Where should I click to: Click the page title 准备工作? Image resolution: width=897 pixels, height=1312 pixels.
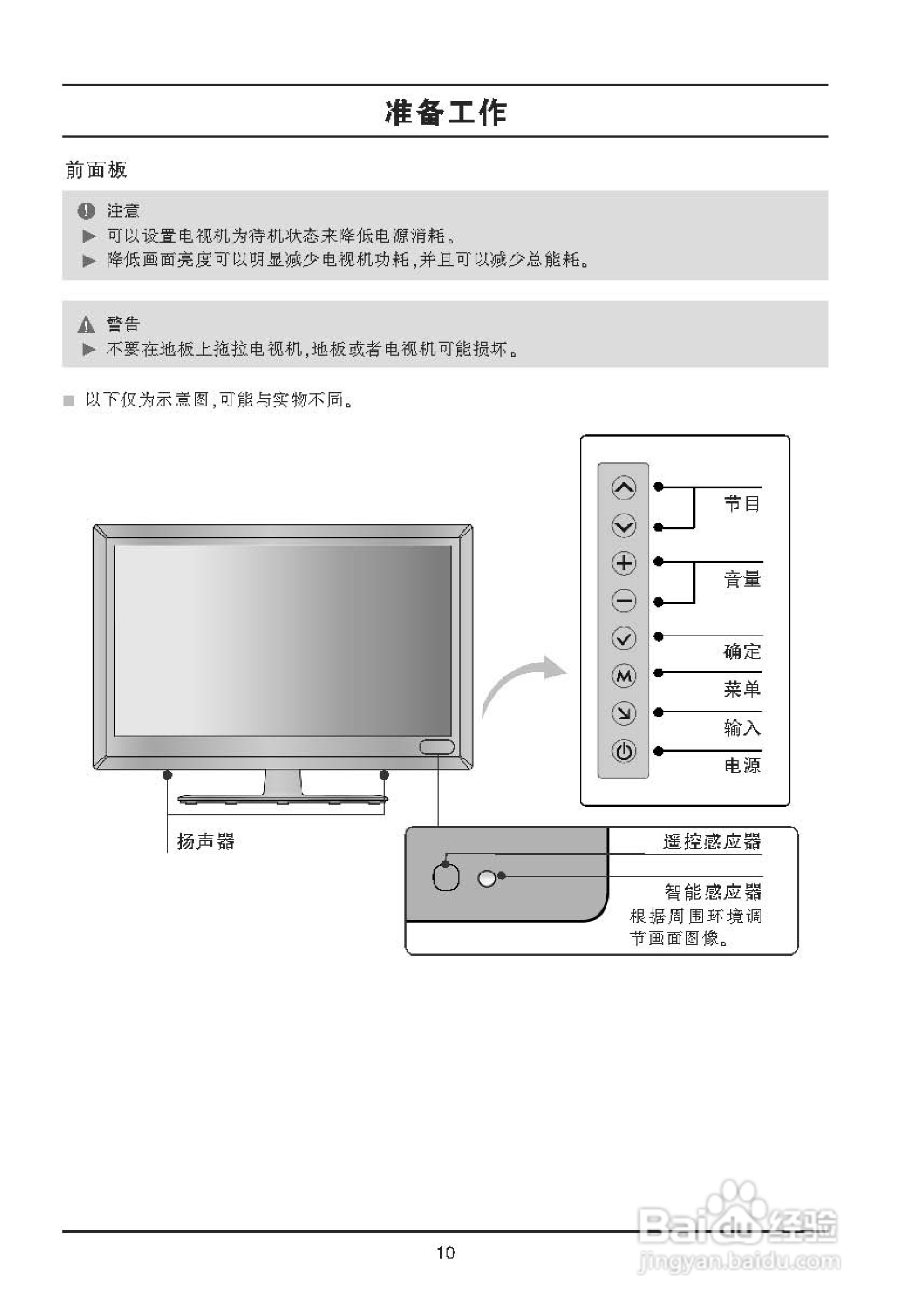(445, 112)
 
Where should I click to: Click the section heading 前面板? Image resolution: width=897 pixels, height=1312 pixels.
(96, 170)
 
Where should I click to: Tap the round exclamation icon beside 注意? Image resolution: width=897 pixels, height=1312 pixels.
(86, 211)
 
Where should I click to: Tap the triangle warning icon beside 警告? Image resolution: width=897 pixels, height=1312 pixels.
(86, 325)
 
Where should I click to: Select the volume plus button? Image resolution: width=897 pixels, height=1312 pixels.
(624, 563)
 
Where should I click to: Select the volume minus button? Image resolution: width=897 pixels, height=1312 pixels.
(624, 600)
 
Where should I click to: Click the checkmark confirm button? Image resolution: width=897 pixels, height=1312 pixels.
(624, 638)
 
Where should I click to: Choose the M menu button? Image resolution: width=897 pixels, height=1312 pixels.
(624, 676)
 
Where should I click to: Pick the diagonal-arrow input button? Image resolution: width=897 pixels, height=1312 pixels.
(624, 714)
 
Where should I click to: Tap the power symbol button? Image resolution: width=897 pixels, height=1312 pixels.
(624, 751)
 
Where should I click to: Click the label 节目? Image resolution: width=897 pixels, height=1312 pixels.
(742, 503)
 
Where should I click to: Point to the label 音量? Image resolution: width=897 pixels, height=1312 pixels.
(742, 579)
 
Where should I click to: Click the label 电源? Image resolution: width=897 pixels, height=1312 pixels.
(742, 766)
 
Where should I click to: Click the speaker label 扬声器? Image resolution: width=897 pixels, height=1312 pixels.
(206, 842)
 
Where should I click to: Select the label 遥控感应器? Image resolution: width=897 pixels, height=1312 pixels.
(712, 842)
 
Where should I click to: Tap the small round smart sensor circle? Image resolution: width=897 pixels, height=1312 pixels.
(486, 878)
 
